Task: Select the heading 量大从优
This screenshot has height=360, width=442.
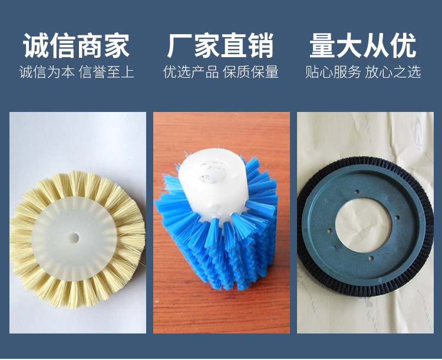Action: coord(363,47)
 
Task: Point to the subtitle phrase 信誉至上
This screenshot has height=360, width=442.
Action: coord(106,72)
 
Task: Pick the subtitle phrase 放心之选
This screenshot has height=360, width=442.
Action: coord(393,72)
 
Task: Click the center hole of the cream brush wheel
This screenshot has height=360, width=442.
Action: coord(74,238)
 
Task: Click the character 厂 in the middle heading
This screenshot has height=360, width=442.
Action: coord(180,47)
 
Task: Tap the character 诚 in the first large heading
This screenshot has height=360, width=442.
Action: coord(36,47)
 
